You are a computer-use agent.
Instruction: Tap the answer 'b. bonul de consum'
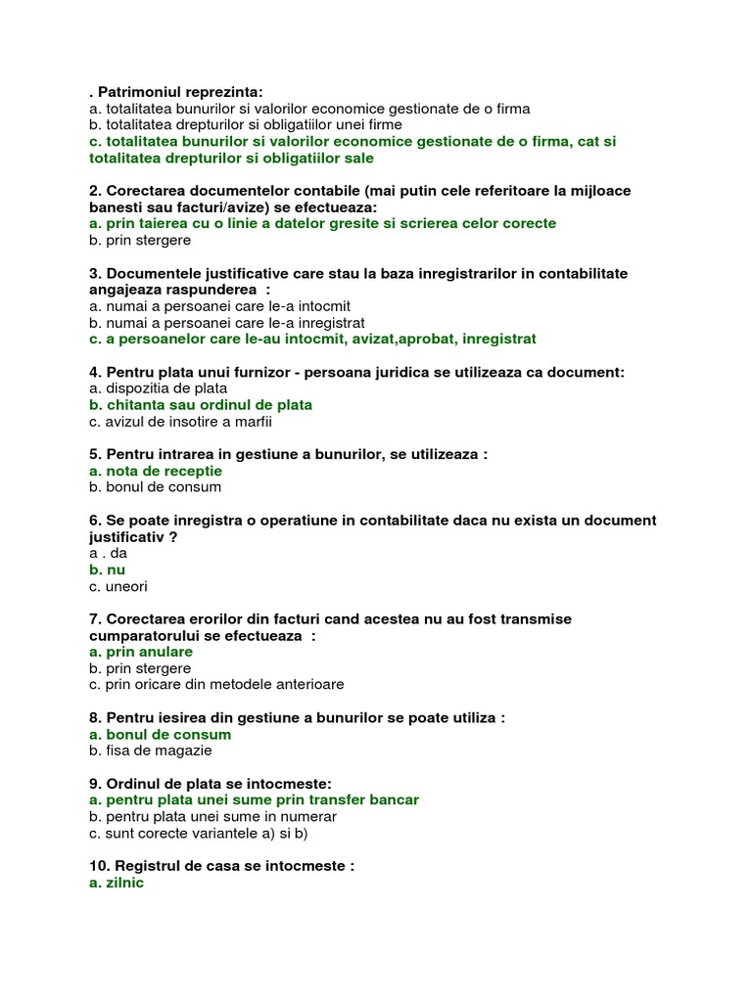point(155,487)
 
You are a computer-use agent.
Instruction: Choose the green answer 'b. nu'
point(107,569)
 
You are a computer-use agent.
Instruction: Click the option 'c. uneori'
point(117,586)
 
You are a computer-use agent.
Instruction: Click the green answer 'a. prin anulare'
point(140,652)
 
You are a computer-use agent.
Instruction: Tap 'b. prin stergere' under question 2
point(139,240)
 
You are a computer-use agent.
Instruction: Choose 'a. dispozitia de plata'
point(158,388)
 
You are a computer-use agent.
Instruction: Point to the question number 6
point(94,521)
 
